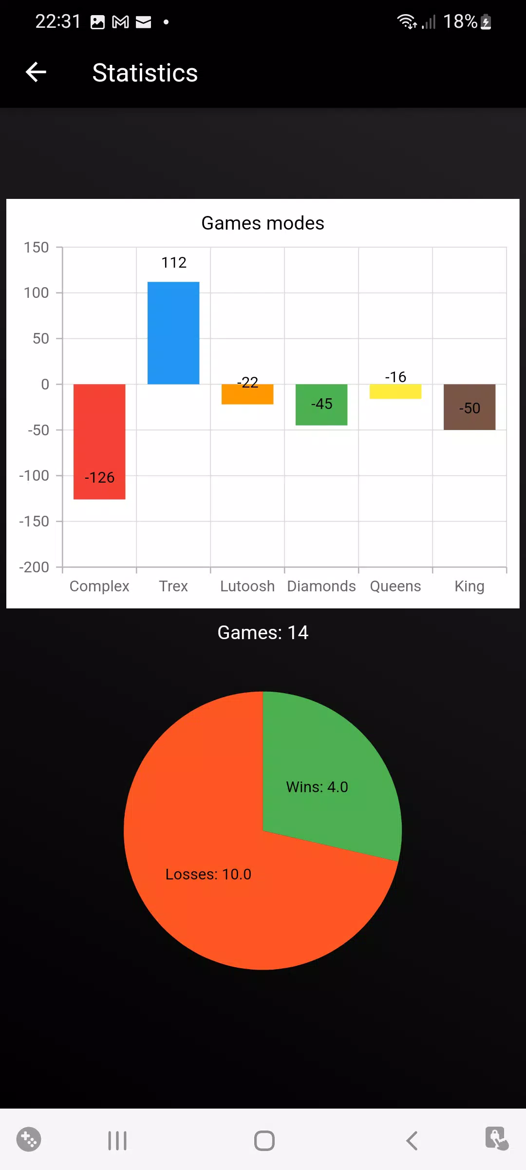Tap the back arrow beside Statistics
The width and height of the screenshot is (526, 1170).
point(36,73)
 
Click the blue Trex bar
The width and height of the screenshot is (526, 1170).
point(173,333)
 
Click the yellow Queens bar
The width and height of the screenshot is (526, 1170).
point(395,392)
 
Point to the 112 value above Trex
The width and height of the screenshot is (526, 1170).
point(174,263)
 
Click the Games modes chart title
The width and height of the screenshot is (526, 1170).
point(263,223)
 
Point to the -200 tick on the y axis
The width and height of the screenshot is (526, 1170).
point(34,567)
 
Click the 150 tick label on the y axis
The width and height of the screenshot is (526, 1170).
point(37,247)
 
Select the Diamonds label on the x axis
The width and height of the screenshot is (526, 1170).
point(321,586)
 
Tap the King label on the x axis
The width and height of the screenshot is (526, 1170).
point(470,586)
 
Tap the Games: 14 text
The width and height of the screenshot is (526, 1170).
point(263,633)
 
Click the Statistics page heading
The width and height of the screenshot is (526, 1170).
point(145,73)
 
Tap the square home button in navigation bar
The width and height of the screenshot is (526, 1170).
point(264,1141)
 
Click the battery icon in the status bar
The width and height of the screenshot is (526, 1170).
point(486,22)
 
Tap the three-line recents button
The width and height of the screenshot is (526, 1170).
point(117,1141)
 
